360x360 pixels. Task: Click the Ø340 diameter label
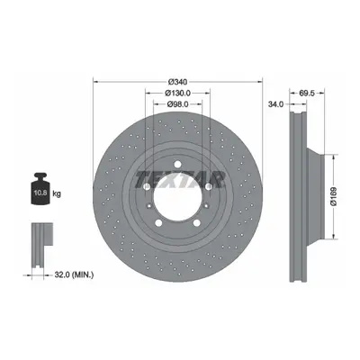pyautogui.click(x=177, y=82)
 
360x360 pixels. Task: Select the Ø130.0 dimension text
pyautogui.click(x=177, y=93)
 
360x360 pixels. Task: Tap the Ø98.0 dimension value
pyautogui.click(x=177, y=104)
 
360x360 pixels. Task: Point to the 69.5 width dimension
pyautogui.click(x=307, y=94)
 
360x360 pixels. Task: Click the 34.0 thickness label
pyautogui.click(x=275, y=104)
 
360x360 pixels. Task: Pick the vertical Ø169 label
pyautogui.click(x=334, y=196)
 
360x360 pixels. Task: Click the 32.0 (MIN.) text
pyautogui.click(x=74, y=274)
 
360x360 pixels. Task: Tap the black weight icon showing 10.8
pyautogui.click(x=40, y=189)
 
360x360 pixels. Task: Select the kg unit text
pyautogui.click(x=57, y=193)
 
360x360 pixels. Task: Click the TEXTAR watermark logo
pyautogui.click(x=180, y=180)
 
